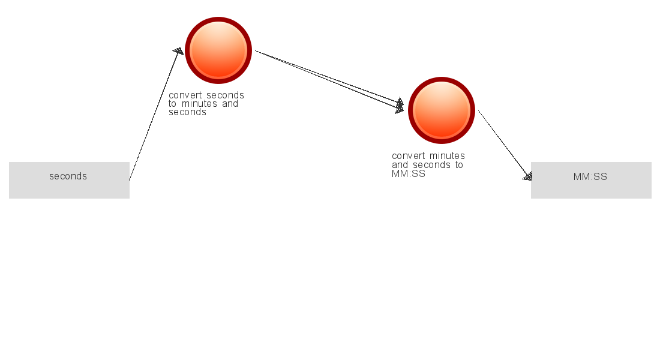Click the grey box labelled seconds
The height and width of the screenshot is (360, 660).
pos(69,180)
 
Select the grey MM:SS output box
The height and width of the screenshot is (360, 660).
pos(591,180)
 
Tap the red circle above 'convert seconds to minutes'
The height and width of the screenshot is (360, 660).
pos(218,50)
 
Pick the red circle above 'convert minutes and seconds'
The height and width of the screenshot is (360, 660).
pos(442,110)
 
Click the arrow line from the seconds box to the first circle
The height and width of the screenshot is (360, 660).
pos(156,114)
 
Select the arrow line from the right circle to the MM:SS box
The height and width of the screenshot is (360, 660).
pos(505,145)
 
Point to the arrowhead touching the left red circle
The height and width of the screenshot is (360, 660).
pos(178,51)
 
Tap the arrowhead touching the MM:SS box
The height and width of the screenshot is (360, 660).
pos(527,176)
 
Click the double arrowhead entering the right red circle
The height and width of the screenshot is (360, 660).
pos(400,106)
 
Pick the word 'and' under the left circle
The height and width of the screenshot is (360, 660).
pos(230,104)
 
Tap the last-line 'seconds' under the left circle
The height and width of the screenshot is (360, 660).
pos(187,112)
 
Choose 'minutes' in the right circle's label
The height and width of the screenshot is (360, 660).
pos(447,156)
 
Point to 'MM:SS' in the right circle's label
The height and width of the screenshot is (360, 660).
pos(408,174)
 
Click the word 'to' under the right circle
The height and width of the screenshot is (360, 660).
pos(459,164)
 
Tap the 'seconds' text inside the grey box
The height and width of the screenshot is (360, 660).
pos(68,176)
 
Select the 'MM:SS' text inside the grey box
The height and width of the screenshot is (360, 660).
pos(590,177)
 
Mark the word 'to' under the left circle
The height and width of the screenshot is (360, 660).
pos(173,104)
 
